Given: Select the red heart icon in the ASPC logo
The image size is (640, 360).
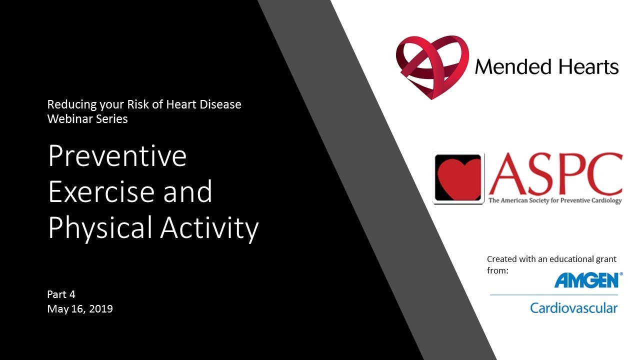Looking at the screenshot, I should (458, 178).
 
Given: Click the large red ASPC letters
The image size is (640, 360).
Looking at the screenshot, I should (555, 174).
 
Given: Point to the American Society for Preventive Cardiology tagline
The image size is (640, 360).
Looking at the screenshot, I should (555, 201).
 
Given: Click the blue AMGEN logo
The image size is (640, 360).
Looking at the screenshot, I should (586, 280).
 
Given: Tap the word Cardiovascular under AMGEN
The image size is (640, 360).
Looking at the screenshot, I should (573, 308).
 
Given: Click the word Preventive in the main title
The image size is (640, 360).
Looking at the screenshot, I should (117, 156).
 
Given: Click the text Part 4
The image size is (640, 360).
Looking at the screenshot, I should (61, 294).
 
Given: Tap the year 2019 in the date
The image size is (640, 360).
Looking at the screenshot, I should (101, 309).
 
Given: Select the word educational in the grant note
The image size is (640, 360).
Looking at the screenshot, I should (564, 259).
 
